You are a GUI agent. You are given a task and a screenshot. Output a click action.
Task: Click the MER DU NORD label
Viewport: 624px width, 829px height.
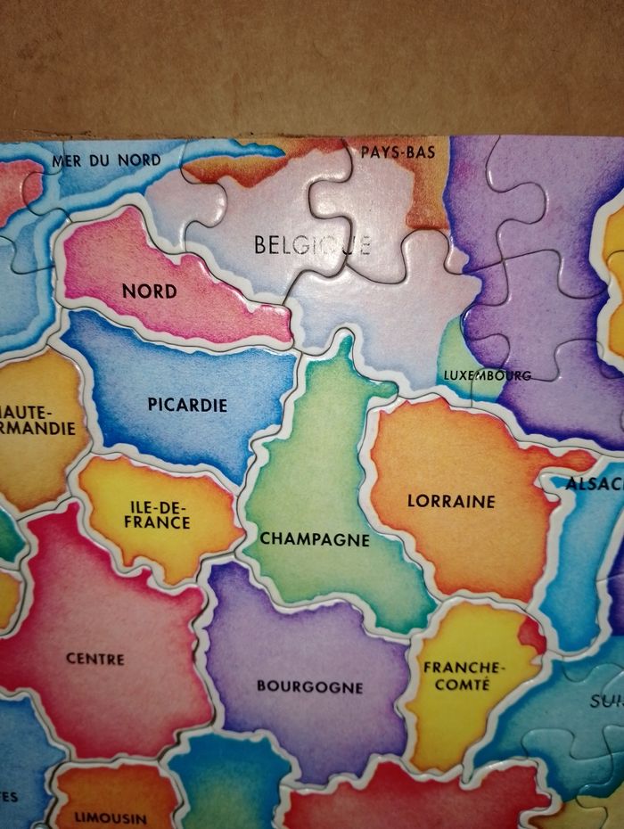[x=106, y=160]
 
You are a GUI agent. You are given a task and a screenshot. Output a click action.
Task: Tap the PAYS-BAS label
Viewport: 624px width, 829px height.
[x=398, y=152]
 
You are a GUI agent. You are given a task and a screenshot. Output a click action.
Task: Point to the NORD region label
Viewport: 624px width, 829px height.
[x=149, y=291]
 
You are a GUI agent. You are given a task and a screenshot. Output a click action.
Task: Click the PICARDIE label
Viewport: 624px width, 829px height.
[x=187, y=405]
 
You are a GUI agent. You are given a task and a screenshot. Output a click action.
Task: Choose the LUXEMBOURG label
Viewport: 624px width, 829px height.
[x=487, y=375]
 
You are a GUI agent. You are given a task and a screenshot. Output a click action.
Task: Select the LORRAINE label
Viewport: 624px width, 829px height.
[x=451, y=501]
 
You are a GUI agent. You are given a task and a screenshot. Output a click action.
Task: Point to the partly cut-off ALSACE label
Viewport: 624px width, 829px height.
[x=594, y=484]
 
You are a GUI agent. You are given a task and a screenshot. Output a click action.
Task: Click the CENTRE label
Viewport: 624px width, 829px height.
[x=95, y=659]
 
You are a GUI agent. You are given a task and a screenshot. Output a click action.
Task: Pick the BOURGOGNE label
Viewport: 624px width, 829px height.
[x=309, y=687]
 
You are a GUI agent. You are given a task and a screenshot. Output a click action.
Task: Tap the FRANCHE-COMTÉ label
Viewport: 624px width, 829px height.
[x=464, y=676]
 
